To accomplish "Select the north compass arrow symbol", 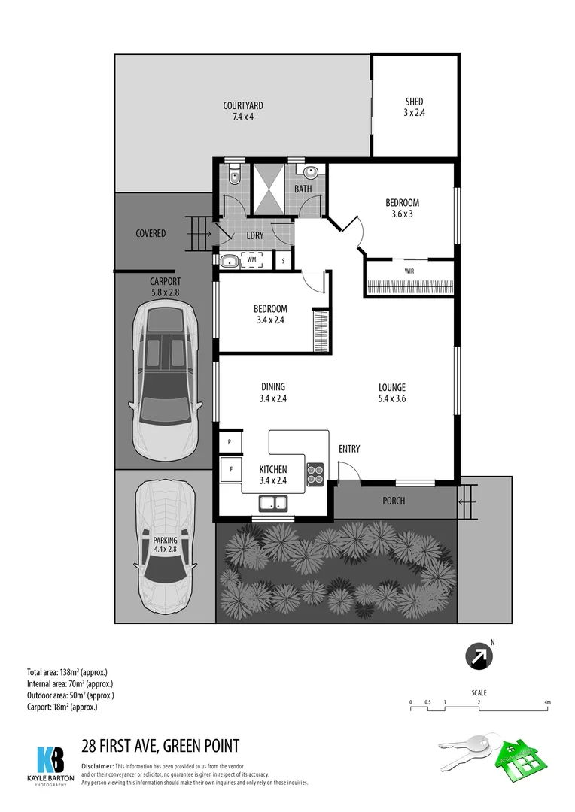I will click(x=479, y=656).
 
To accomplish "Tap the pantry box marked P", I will click(x=228, y=441).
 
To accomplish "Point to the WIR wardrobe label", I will click(x=409, y=271).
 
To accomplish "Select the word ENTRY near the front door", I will click(x=349, y=449).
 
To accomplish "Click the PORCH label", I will click(x=394, y=500).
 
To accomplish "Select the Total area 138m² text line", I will click(x=70, y=671).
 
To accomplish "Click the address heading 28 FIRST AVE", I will click(x=160, y=746).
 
